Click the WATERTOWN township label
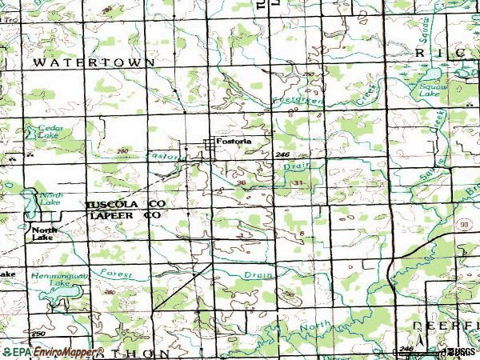(x=71, y=62)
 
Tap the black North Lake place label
(x=42, y=234)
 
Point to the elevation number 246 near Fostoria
(x=280, y=154)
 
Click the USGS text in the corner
(x=460, y=351)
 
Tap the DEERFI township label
(x=445, y=326)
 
